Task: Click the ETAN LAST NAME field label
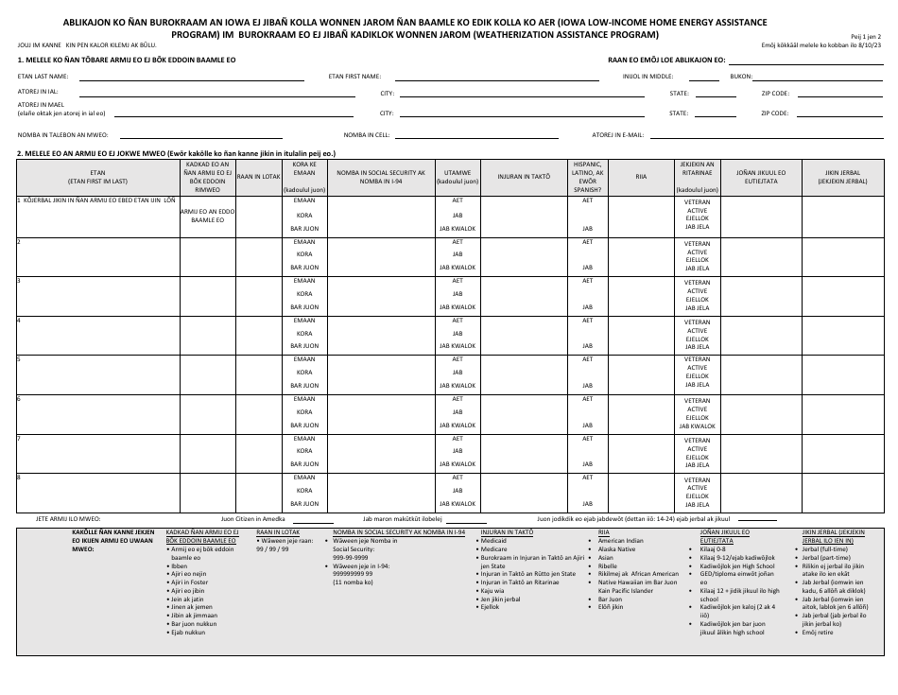tap(43, 75)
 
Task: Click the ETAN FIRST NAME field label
tap(354, 75)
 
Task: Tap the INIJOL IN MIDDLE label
tap(647, 75)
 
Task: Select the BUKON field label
tap(742, 75)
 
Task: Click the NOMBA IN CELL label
tap(367, 134)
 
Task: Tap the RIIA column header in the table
tap(641, 176)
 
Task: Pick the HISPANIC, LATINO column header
tap(587, 176)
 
